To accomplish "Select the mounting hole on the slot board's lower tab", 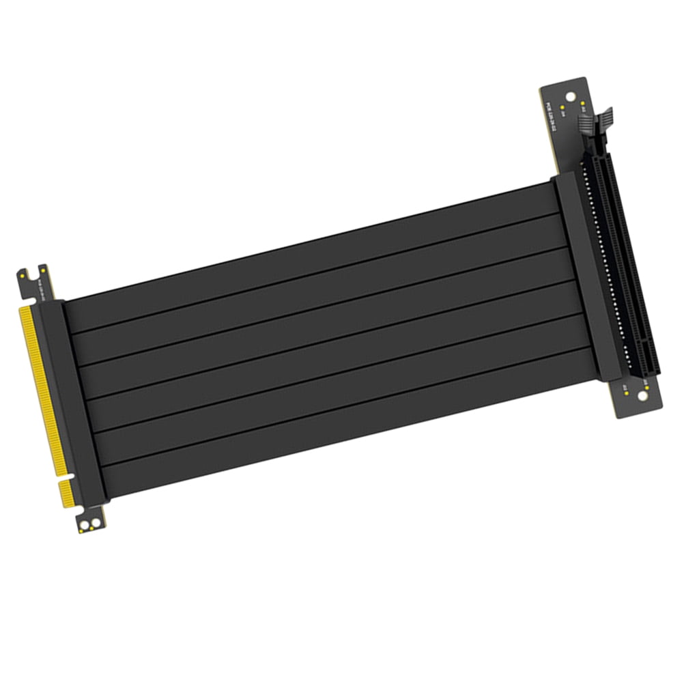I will pos(643,396).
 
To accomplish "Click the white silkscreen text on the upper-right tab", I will pos(551,109).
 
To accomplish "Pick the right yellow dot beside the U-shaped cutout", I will pos(45,272).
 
